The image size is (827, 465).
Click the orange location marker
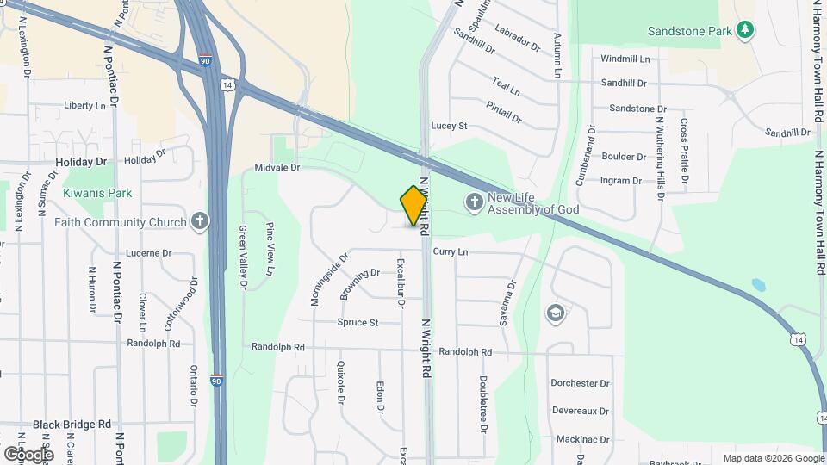click(413, 206)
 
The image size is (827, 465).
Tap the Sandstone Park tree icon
click(746, 31)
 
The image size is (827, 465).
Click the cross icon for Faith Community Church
click(200, 222)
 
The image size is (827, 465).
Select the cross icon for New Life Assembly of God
click(473, 202)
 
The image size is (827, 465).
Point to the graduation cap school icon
click(556, 312)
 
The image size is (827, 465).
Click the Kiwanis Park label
click(97, 193)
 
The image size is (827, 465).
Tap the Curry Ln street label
click(450, 251)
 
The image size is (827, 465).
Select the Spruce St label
click(358, 323)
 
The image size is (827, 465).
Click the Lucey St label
click(449, 126)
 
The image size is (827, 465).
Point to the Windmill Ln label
click(625, 59)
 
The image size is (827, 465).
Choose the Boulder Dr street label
click(624, 157)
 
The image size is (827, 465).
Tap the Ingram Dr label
click(621, 181)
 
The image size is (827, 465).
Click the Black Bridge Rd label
click(72, 425)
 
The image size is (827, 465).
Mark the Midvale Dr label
click(277, 168)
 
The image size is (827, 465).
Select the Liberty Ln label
click(84, 105)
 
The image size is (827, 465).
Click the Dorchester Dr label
click(581, 383)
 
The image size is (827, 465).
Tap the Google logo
click(28, 454)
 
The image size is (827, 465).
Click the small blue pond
click(758, 284)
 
